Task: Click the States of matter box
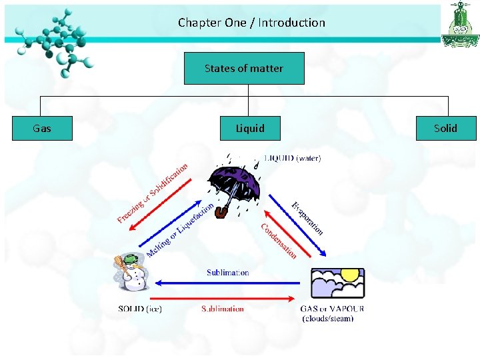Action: [244, 69]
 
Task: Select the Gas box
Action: [42, 128]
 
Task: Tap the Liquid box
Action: [250, 128]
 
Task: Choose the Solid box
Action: [445, 128]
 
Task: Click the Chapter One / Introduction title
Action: [251, 23]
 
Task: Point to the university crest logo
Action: [459, 25]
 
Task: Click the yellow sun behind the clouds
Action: [350, 275]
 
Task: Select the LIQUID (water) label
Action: [293, 159]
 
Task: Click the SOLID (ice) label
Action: [140, 309]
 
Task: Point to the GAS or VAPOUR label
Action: [333, 309]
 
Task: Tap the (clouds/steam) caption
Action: [328, 319]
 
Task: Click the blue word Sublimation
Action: [228, 273]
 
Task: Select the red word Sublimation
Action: [223, 309]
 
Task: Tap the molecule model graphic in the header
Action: [56, 40]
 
